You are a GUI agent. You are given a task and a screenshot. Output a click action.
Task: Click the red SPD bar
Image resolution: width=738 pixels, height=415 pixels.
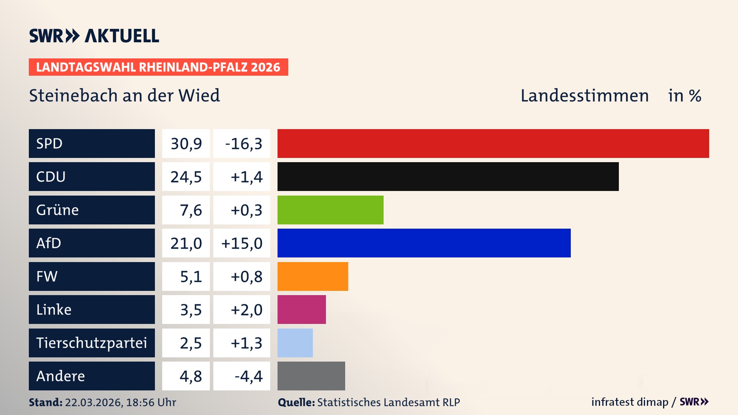point(493,143)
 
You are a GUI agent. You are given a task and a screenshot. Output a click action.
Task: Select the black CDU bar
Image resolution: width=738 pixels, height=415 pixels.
point(448,177)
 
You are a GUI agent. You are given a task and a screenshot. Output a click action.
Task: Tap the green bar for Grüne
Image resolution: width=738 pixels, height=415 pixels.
point(330,210)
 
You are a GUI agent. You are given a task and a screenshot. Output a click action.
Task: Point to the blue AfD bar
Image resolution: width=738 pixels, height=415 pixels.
point(424,243)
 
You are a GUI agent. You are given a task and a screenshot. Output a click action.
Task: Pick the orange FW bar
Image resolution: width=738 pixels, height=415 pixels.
point(312,276)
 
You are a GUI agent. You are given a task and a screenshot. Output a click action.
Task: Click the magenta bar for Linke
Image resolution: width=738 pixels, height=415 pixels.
point(301,310)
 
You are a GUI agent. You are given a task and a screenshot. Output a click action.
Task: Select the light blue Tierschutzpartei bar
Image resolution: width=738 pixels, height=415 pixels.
point(295,343)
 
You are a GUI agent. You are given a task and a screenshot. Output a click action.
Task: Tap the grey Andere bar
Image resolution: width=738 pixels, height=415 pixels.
point(311,376)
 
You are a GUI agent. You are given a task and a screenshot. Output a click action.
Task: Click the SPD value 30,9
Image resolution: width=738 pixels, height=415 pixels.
point(186,144)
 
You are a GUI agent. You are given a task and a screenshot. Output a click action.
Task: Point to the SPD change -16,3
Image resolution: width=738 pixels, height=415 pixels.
point(243,144)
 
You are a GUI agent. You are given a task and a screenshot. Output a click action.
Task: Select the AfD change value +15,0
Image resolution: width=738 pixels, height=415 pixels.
point(242,243)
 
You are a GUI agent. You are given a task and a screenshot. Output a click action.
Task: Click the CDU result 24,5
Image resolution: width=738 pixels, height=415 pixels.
point(186,177)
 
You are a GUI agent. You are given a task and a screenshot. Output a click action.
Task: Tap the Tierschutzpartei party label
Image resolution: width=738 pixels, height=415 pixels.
point(91,343)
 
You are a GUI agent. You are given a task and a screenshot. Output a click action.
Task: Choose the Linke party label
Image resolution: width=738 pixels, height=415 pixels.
point(54,310)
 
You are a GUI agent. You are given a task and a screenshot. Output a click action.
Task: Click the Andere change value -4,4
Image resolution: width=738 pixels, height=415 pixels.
point(248,376)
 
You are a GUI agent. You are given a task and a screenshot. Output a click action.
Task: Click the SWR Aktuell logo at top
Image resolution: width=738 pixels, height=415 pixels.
point(94,36)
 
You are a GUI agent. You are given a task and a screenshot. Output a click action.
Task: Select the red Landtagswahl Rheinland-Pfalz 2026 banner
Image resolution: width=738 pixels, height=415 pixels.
point(158,67)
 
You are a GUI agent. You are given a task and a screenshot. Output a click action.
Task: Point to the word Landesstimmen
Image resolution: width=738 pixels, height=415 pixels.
point(584,96)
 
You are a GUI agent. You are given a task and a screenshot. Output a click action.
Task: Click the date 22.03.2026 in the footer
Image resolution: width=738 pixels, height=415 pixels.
point(93,402)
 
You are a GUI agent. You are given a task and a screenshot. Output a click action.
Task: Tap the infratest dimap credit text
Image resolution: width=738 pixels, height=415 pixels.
point(629,402)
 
